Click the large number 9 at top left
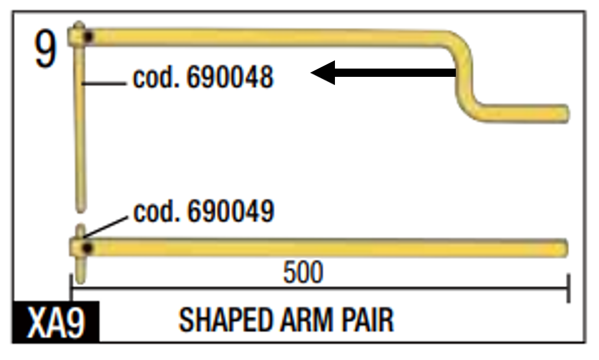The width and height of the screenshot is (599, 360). (46, 51)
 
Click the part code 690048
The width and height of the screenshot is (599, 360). (230, 77)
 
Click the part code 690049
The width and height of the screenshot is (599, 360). (230, 211)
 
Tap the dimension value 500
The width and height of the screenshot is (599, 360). (303, 273)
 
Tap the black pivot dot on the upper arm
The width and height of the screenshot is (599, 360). (88, 37)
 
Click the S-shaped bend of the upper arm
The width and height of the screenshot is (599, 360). (466, 74)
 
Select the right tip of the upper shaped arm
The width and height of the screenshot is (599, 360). (564, 113)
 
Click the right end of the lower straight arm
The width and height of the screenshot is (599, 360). (563, 248)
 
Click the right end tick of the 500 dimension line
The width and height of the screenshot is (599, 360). (568, 287)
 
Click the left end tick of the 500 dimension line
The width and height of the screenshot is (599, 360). (71, 287)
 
